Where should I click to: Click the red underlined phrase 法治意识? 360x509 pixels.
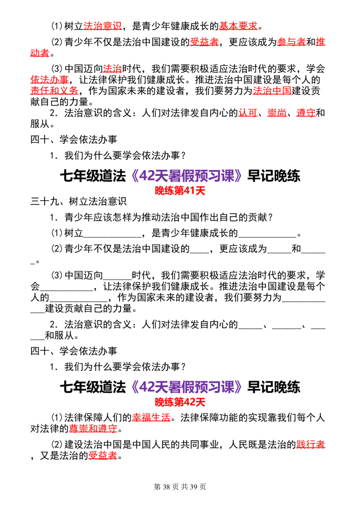(103, 26)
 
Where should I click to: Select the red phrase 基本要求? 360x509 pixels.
(238, 26)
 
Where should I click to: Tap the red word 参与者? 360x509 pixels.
(292, 42)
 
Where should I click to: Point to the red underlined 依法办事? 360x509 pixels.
(49, 80)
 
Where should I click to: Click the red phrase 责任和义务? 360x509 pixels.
(54, 91)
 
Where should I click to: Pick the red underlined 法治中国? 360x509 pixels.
(272, 91)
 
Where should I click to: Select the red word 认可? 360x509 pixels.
(248, 113)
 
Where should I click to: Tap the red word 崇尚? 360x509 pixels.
(277, 113)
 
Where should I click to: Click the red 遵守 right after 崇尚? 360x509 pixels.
(306, 113)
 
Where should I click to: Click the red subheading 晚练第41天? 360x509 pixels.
(180, 191)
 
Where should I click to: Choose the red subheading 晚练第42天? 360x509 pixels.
(180, 402)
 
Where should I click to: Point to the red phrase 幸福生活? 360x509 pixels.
(151, 417)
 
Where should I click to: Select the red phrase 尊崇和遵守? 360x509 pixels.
(93, 429)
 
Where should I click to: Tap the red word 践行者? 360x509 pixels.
(310, 445)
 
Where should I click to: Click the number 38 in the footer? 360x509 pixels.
(166, 487)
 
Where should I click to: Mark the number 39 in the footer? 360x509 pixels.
(193, 487)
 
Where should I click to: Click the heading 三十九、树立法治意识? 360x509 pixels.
(79, 201)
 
